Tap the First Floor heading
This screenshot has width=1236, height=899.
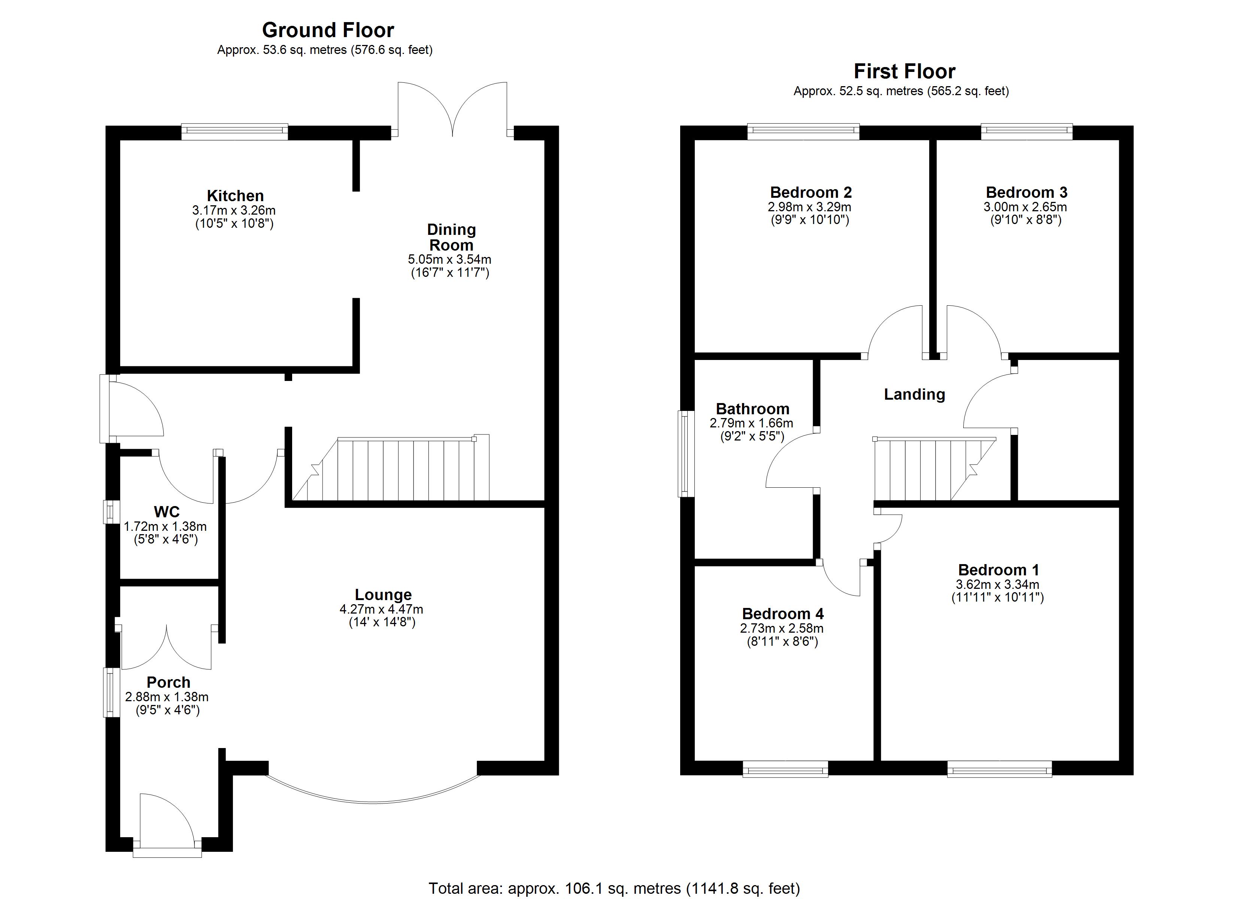[x=904, y=72]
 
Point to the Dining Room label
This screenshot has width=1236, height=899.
[x=451, y=237]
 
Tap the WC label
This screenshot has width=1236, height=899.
[x=167, y=512]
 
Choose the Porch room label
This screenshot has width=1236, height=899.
[x=169, y=682]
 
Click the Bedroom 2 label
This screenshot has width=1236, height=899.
[x=811, y=193]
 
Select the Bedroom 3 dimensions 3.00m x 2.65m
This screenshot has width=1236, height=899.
[x=1025, y=207]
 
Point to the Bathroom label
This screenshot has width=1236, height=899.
[x=752, y=409]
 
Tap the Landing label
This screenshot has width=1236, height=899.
[x=914, y=394]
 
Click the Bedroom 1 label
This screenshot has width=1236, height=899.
[x=999, y=570]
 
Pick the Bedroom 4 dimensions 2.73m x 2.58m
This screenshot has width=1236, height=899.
[x=782, y=628]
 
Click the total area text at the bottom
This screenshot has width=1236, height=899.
[x=614, y=889]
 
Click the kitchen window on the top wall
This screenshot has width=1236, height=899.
[x=234, y=131]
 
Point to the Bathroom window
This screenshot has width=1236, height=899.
[x=685, y=454]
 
